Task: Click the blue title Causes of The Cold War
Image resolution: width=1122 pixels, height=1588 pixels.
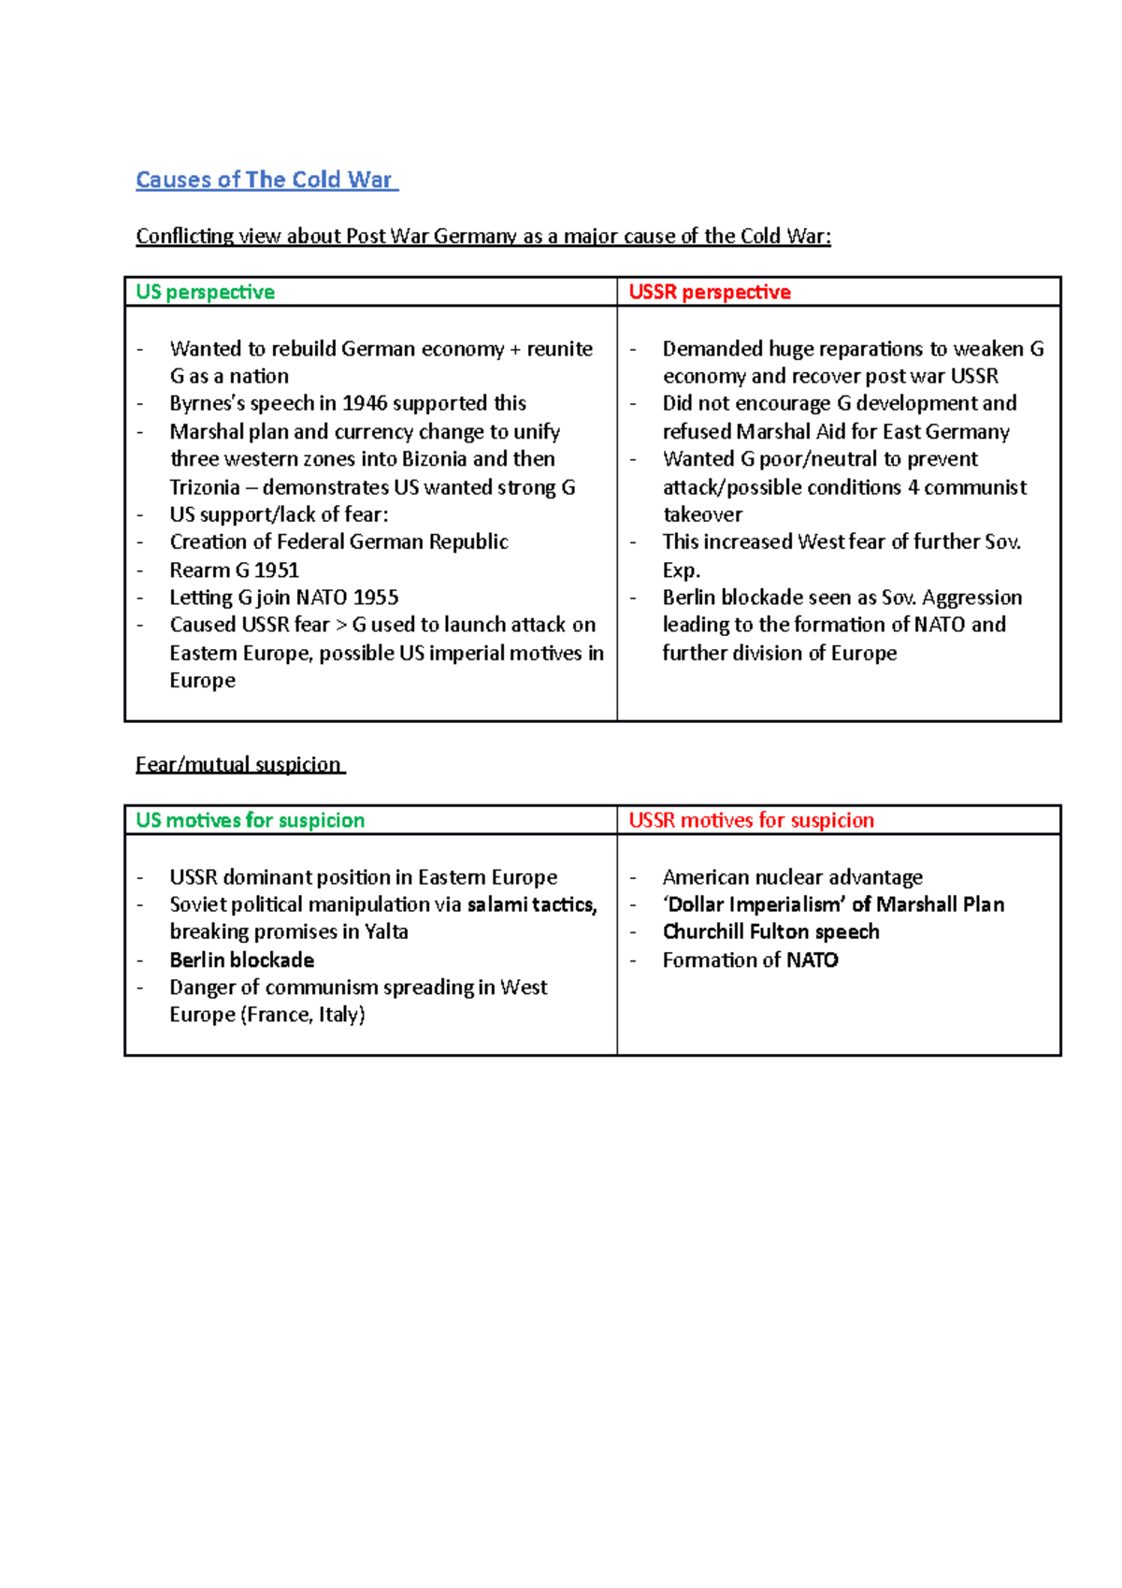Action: [x=265, y=180]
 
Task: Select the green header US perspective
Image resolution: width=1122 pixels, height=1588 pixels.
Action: [x=206, y=292]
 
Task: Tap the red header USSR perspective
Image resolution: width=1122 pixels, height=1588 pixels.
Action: [x=710, y=292]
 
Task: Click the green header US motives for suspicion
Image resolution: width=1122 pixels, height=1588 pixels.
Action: [x=251, y=820]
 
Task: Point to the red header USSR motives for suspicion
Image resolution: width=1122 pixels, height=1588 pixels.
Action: [x=751, y=820]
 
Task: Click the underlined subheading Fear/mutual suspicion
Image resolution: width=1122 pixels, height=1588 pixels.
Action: [x=238, y=765]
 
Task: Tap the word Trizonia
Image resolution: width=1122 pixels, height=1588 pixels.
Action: [x=205, y=487]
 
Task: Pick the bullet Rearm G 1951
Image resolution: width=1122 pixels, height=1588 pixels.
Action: [x=234, y=570]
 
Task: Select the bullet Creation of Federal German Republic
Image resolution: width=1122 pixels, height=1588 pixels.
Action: [x=338, y=542]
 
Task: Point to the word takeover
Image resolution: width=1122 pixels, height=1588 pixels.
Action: [x=702, y=514]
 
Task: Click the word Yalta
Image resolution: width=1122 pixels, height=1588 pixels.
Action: [x=386, y=931]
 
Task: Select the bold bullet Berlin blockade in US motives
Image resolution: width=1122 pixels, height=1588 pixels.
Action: [x=241, y=960]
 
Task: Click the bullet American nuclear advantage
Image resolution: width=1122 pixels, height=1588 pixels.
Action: [x=792, y=877]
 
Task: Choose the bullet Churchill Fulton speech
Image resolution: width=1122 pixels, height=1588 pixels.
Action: [x=770, y=932]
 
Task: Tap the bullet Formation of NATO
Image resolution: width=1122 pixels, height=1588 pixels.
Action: [x=750, y=960]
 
